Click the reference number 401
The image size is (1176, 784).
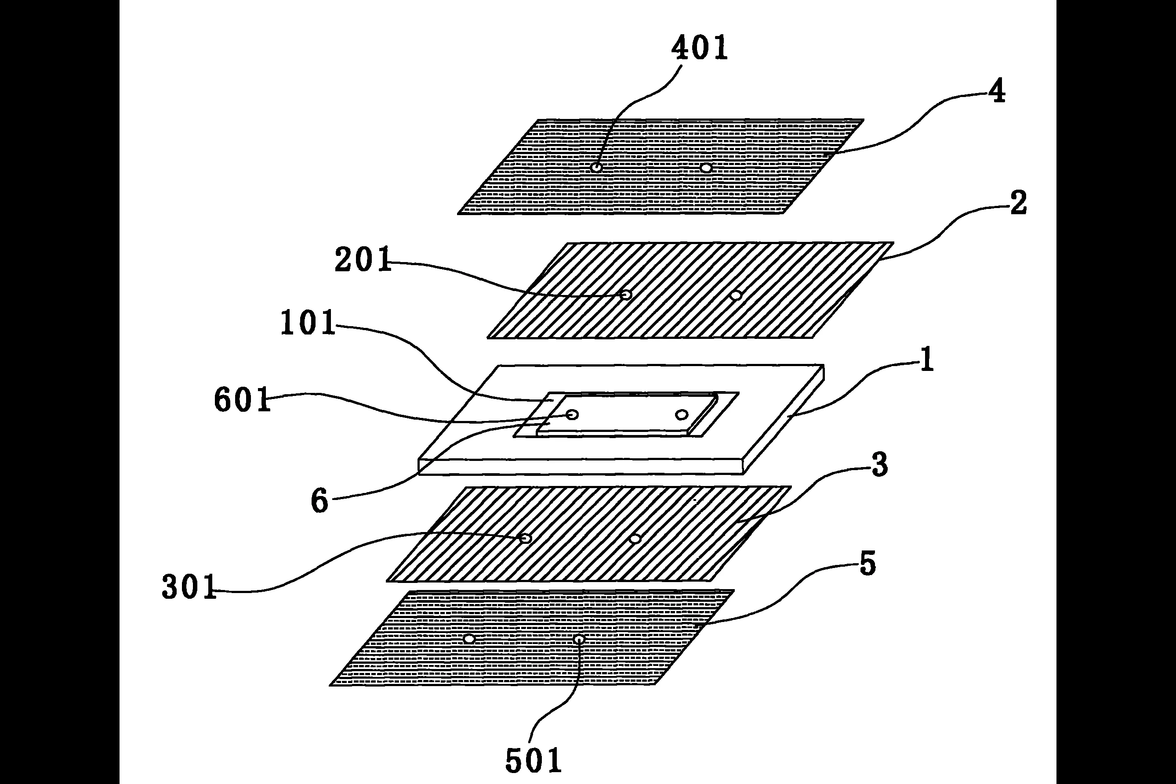pos(700,48)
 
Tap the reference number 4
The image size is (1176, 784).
pos(996,91)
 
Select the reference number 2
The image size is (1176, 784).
pos(1018,202)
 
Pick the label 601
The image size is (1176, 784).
pos(242,399)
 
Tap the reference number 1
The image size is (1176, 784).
pos(927,359)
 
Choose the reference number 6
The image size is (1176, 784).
pos(319,500)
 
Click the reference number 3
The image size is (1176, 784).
pos(879,464)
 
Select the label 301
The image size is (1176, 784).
pos(189,586)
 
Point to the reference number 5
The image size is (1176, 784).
pos(867,564)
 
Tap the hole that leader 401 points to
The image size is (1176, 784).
pos(596,167)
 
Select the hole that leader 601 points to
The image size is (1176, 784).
pos(572,414)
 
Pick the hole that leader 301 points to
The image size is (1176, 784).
pos(526,538)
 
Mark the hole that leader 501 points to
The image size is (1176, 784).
pos(579,639)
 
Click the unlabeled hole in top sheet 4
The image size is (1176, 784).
pos(706,168)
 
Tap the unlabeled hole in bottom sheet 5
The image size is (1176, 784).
pos(469,639)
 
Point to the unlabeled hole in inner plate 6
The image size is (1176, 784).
pos(682,414)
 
